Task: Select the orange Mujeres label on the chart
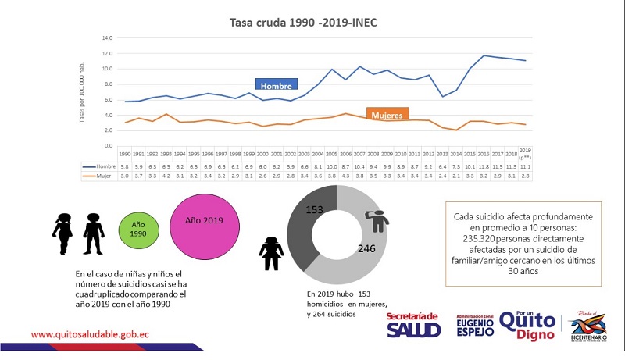(387, 114)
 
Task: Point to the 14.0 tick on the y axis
(108, 37)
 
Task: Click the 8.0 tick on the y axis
(109, 84)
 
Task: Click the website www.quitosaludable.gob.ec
(90, 333)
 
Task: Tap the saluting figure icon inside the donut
(379, 222)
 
